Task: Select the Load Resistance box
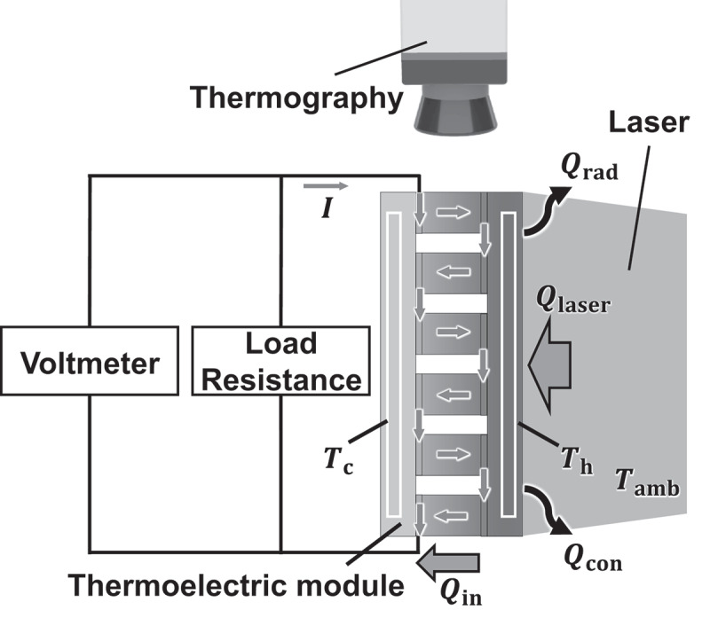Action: [280, 361]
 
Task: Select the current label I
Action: [327, 210]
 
